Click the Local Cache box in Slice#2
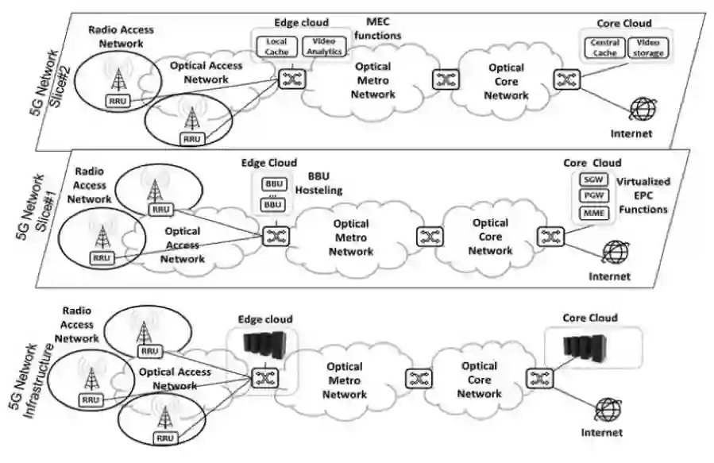coord(277,47)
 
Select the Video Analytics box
coord(324,47)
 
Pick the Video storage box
coord(648,47)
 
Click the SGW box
coord(591,179)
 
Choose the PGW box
coord(591,195)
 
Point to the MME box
coord(591,212)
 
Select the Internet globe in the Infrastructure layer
coord(609,411)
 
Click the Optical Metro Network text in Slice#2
coord(373,81)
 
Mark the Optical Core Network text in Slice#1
coord(489,237)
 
